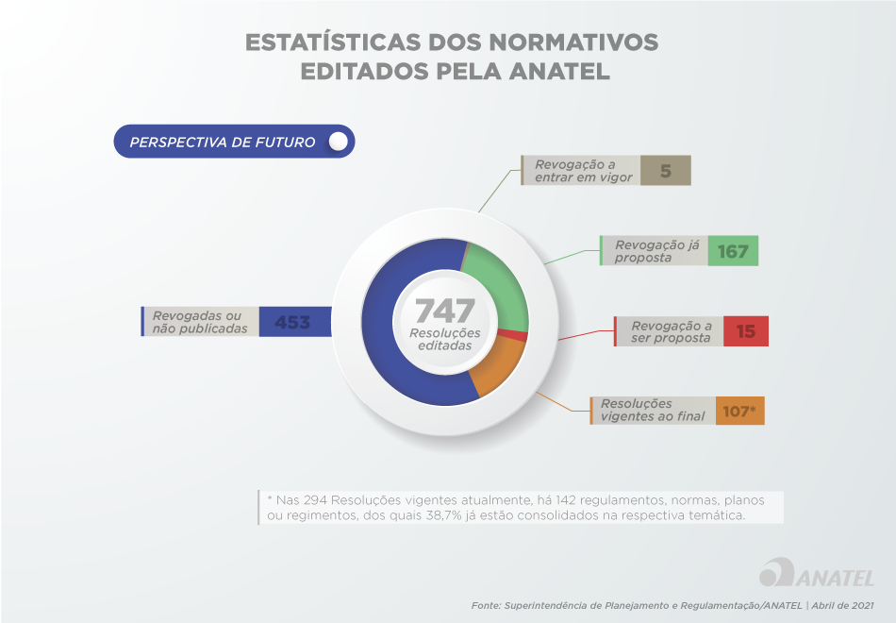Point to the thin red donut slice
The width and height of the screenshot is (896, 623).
(x=520, y=336)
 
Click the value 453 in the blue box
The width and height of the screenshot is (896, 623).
(x=292, y=322)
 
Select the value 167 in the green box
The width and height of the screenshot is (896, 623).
(x=733, y=251)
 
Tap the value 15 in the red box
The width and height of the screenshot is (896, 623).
(x=745, y=331)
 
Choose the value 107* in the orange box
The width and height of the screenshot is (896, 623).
(x=739, y=411)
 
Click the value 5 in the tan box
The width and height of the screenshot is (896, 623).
(x=665, y=171)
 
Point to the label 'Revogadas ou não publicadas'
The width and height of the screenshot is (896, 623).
(x=200, y=322)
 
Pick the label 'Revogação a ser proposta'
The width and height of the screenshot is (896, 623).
(x=671, y=331)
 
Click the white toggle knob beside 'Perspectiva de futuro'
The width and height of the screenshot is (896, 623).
(x=339, y=142)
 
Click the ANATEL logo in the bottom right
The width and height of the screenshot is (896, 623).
(x=817, y=575)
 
